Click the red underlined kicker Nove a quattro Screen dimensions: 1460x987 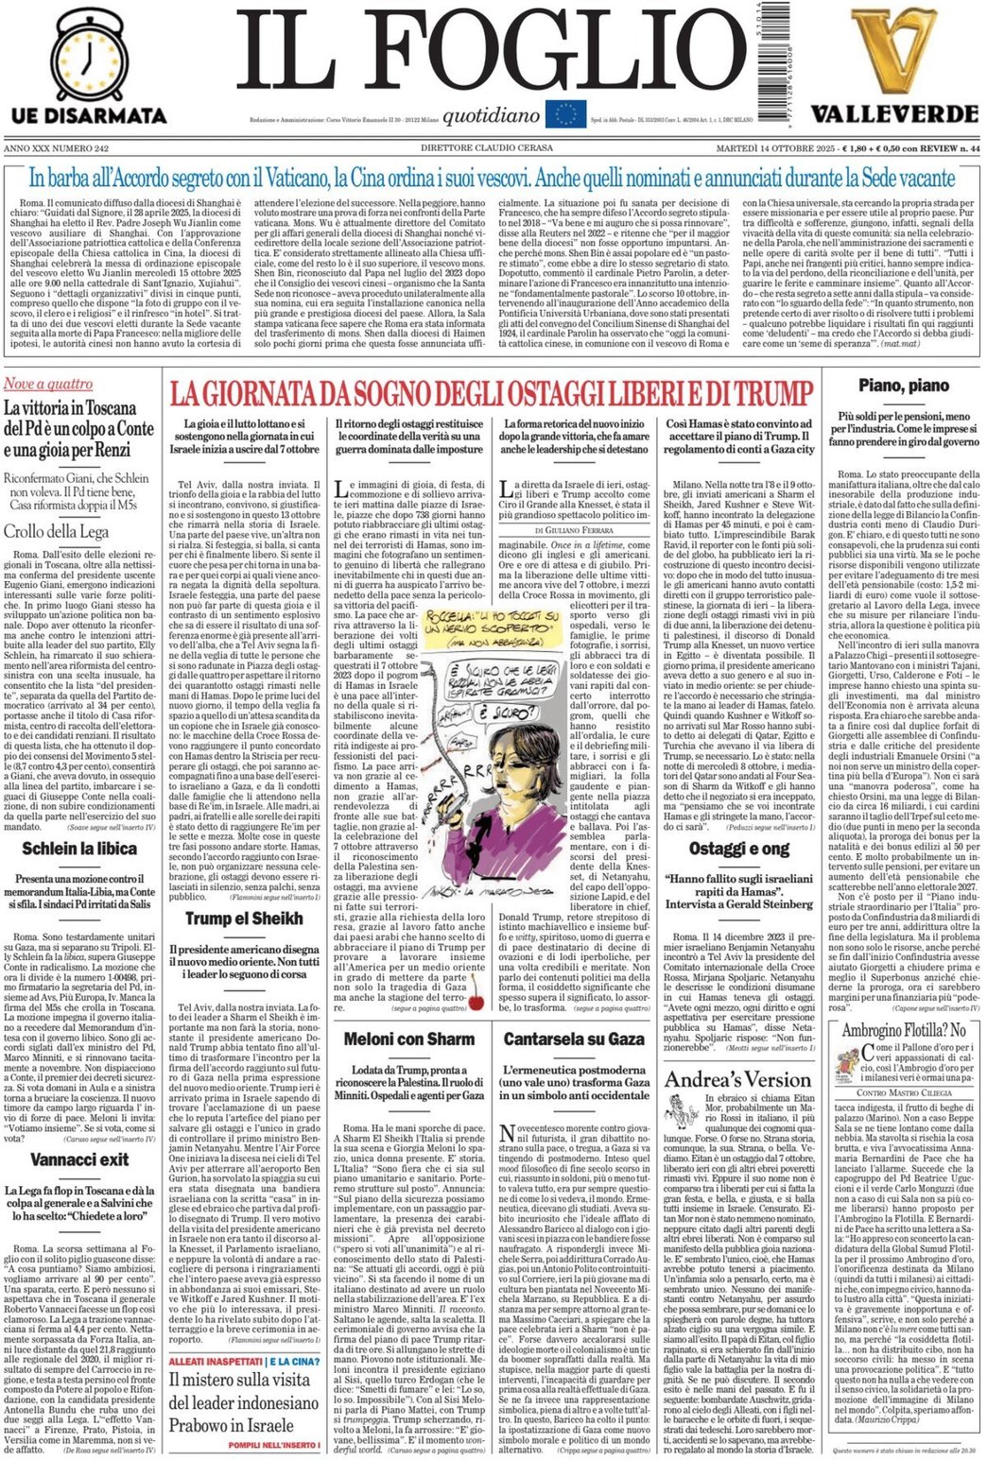(x=48, y=384)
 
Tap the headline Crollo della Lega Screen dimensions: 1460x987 (x=57, y=531)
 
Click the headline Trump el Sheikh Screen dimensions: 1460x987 (x=243, y=918)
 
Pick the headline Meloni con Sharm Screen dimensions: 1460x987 (x=409, y=1039)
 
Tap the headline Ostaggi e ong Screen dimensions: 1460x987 (x=738, y=848)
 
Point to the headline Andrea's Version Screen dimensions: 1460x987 (x=737, y=1079)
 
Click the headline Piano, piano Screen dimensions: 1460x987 (x=903, y=385)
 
